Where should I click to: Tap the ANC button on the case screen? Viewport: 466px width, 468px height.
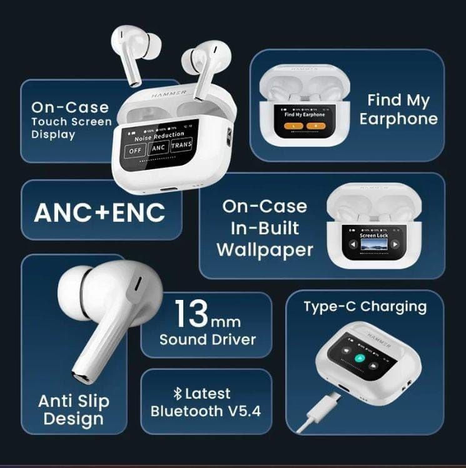pos(158,148)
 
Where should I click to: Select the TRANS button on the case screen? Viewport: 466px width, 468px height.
pos(181,145)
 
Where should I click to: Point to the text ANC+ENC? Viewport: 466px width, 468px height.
pos(100,212)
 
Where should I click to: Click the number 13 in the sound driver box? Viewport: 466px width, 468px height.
pos(190,314)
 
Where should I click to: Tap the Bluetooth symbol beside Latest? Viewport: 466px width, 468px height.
pos(178,394)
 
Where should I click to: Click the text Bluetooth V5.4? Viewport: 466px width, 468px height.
pos(206,411)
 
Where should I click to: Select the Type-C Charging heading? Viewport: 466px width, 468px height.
pos(365,307)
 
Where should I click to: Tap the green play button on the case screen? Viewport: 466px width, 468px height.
pos(358,358)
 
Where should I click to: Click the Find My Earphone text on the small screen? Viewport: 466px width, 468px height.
pos(305,115)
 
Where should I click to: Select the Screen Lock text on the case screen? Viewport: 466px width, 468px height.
pos(373,236)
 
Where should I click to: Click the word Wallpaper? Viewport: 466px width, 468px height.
pos(265,250)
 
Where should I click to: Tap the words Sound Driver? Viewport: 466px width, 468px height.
pos(208,339)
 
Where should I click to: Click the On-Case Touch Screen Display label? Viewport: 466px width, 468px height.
pos(71,120)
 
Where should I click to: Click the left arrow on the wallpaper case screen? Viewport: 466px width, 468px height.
pos(353,244)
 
